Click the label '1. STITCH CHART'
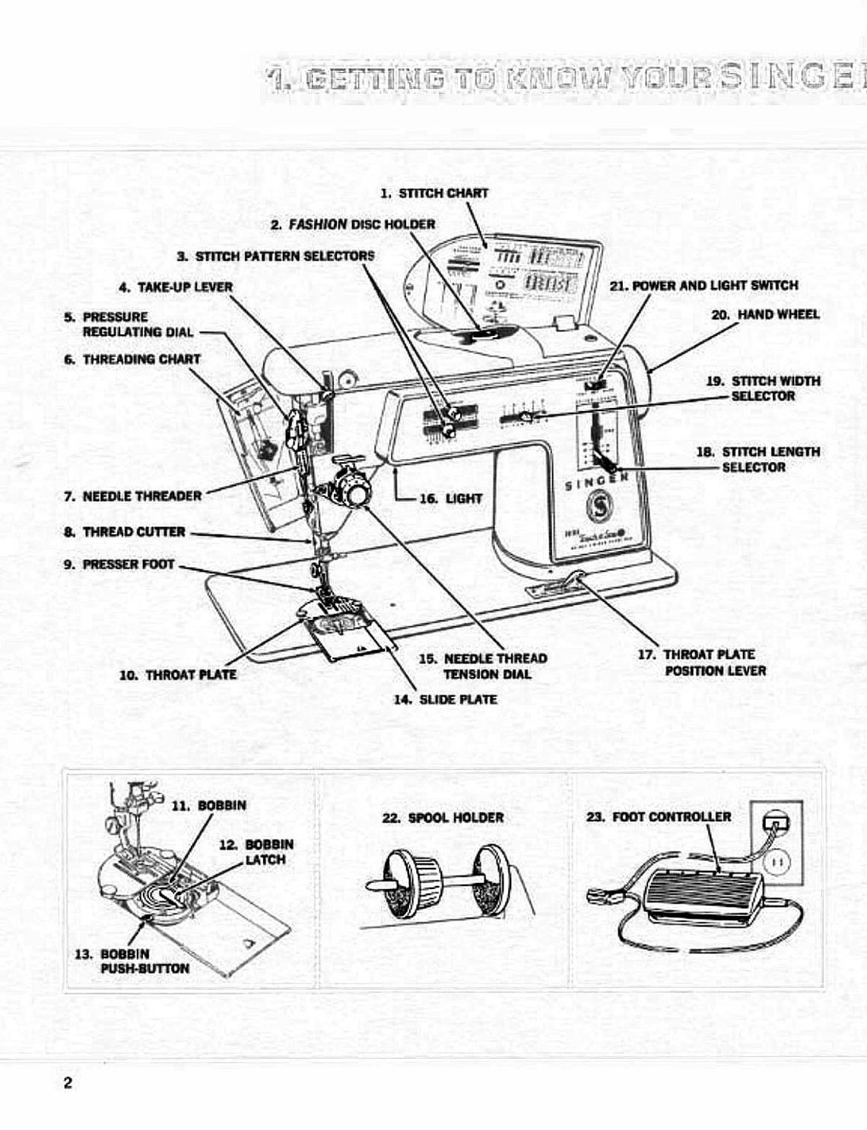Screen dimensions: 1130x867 (434, 193)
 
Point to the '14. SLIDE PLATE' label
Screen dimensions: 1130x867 (446, 699)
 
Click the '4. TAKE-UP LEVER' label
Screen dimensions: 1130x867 (176, 287)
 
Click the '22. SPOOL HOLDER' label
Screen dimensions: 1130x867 (445, 818)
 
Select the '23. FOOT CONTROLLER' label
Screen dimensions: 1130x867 (659, 817)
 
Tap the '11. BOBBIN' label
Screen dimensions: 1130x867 (209, 806)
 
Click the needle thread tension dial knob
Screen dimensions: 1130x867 (352, 492)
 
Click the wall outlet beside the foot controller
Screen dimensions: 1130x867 (776, 844)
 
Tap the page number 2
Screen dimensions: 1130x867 (68, 1083)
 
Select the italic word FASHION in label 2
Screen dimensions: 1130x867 (318, 224)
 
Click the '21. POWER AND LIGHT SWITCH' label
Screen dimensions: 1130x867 (704, 286)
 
